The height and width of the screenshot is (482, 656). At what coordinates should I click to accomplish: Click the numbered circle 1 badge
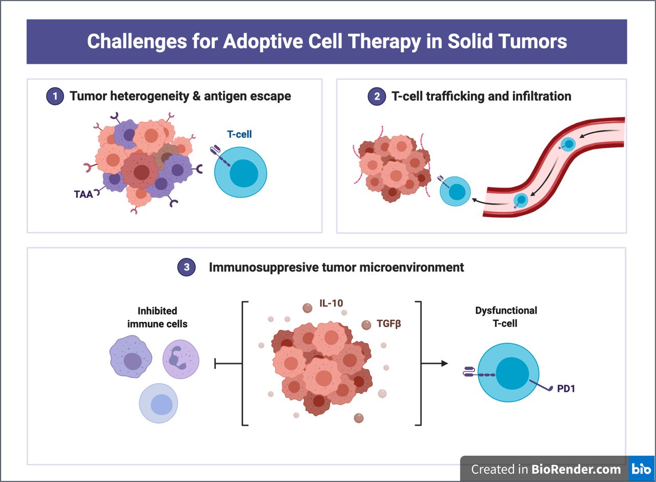coord(54,96)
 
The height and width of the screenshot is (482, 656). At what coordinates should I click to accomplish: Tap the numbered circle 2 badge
coord(376,96)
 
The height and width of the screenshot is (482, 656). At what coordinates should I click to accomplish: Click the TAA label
coord(82,194)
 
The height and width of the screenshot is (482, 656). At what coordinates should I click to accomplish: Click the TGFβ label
coord(390,324)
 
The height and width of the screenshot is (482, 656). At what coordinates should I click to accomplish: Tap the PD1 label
coord(566,389)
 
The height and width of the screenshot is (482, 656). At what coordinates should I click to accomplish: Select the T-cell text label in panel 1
coord(239,134)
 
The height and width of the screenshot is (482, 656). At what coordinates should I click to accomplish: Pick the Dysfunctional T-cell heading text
coord(506,317)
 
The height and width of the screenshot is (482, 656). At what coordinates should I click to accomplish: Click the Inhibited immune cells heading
coord(157,317)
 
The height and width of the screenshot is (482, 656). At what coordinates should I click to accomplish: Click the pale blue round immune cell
coord(158,403)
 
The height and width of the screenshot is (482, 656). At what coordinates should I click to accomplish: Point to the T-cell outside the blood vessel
coord(455,192)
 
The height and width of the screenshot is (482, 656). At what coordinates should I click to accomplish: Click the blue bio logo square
coord(641,469)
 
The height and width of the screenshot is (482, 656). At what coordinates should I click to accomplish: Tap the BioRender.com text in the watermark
coord(576,469)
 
